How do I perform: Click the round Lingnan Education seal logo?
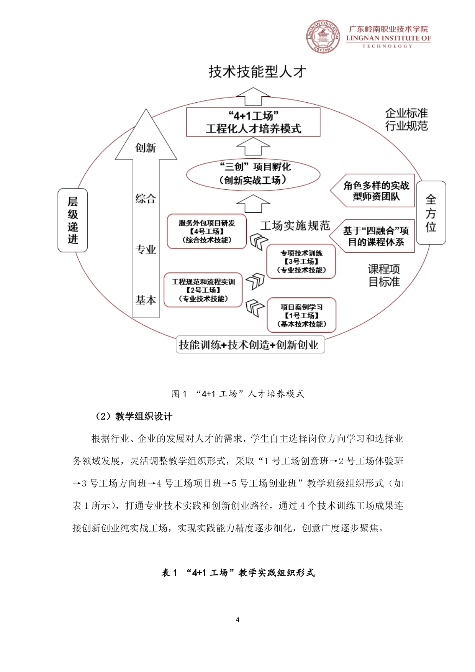click(x=323, y=36)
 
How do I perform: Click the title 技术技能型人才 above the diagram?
click(x=257, y=72)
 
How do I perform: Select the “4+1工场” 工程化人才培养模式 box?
click(x=253, y=122)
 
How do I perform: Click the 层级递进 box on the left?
click(x=73, y=220)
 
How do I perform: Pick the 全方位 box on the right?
click(x=431, y=213)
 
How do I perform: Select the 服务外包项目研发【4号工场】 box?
click(x=207, y=232)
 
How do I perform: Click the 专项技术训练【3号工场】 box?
click(x=301, y=261)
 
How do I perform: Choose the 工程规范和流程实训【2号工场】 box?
click(x=203, y=290)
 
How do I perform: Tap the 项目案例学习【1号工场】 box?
click(x=301, y=315)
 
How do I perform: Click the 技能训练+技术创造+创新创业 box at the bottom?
click(x=250, y=345)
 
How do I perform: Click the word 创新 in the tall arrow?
click(x=146, y=148)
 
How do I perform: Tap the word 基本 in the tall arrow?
click(x=146, y=300)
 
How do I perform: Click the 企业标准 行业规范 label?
click(x=406, y=119)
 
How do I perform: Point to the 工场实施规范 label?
click(x=295, y=225)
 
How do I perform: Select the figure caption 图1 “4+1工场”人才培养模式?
click(x=237, y=394)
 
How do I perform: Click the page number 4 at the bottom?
click(x=237, y=619)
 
